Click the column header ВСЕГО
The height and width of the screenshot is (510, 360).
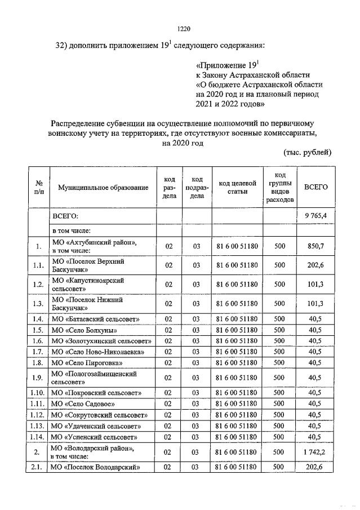coord(315,187)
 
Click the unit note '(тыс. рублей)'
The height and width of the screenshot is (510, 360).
coord(307,153)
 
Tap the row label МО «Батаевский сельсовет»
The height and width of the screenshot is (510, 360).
coord(95,319)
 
